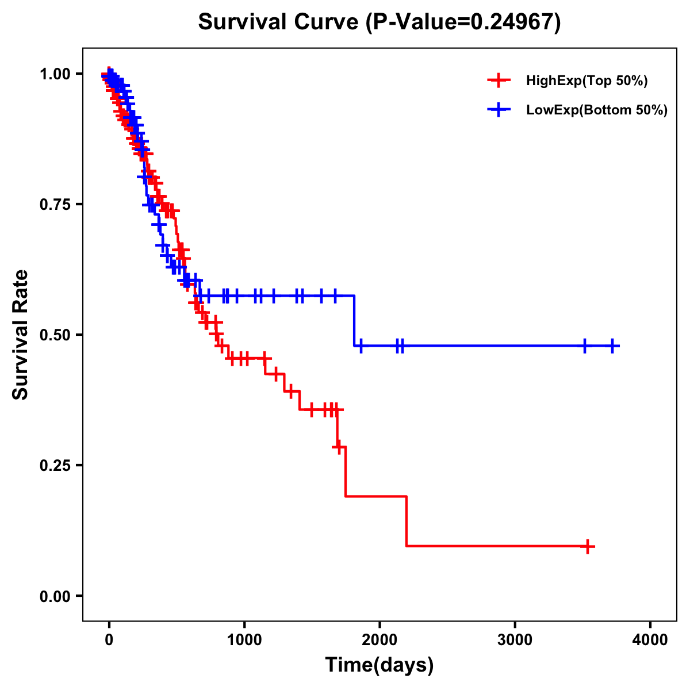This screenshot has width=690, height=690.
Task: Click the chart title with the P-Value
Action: point(379,22)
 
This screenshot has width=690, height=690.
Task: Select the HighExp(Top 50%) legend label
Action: point(587,81)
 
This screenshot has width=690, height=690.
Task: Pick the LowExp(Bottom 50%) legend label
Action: point(597,110)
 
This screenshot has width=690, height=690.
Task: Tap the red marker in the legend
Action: point(499,80)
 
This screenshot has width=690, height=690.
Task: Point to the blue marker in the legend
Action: point(499,110)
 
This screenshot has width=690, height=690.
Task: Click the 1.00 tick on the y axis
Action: point(55,74)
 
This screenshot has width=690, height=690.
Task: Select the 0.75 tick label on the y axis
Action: point(55,205)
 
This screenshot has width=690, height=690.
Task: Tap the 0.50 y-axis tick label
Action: point(55,335)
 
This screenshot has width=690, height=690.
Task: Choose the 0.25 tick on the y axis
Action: point(55,466)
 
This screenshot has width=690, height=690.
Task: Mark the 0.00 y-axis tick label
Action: point(55,596)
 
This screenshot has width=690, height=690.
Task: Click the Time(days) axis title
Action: point(379,665)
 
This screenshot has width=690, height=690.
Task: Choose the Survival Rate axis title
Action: point(21,335)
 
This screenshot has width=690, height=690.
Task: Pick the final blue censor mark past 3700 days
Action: point(613,346)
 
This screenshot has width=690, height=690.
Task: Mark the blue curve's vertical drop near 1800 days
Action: point(354,321)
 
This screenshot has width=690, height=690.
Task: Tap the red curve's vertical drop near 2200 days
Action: point(407,521)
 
